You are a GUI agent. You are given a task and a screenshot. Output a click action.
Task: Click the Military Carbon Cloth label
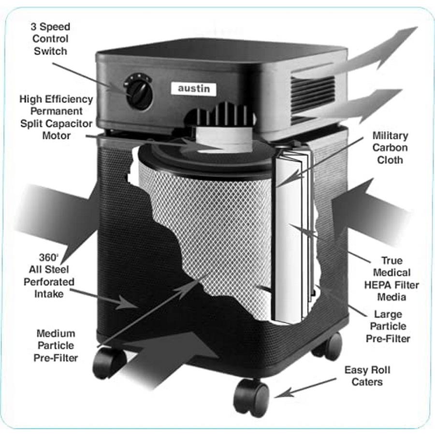coord(390,147)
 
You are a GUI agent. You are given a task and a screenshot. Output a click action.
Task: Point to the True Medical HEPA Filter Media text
coord(391,278)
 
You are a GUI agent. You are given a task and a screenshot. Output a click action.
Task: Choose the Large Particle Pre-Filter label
coord(389,326)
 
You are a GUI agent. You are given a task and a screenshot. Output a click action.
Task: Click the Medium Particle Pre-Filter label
coord(55,346)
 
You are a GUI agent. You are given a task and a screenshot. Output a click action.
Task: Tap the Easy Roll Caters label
coord(367,376)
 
